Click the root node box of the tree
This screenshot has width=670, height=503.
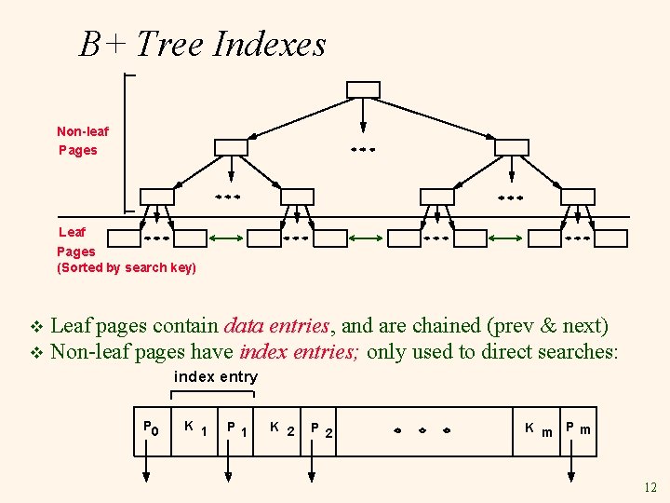363,89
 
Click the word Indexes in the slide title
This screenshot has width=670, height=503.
270,44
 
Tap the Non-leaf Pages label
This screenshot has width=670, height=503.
83,141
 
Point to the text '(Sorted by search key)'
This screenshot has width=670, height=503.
127,268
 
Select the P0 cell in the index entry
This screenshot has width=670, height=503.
152,429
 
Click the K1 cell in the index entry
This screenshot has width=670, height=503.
194,429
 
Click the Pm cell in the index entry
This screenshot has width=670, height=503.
580,429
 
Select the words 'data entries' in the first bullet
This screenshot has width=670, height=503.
276,326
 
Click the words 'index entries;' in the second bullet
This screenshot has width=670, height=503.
301,351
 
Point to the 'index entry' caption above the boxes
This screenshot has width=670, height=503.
216,376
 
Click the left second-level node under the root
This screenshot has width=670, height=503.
231,147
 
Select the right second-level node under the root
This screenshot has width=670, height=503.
511,147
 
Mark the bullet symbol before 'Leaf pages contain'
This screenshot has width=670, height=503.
37,327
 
